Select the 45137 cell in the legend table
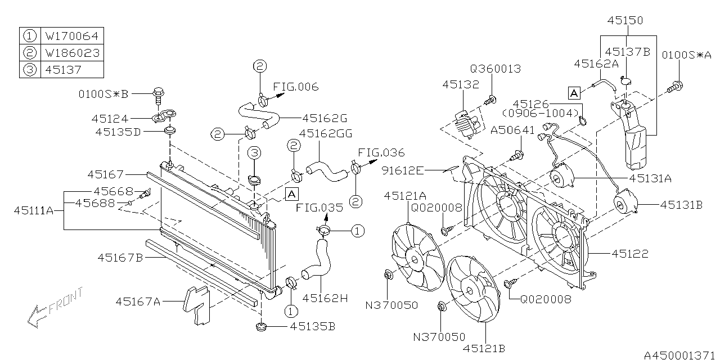[73, 70]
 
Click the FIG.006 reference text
[296, 87]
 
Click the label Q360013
[496, 69]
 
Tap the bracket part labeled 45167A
[195, 305]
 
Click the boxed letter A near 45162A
[574, 92]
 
